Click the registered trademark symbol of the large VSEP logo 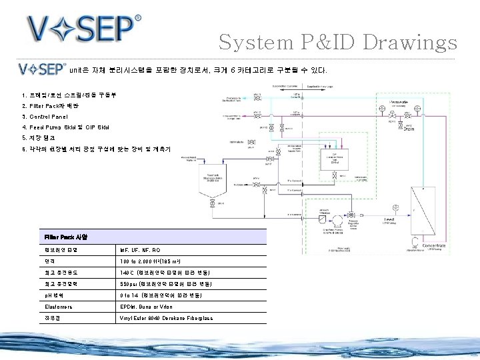[x=137, y=18]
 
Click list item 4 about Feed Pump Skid [x=65, y=127]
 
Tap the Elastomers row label [x=59, y=307]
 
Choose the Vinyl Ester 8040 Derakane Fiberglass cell [x=166, y=318]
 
